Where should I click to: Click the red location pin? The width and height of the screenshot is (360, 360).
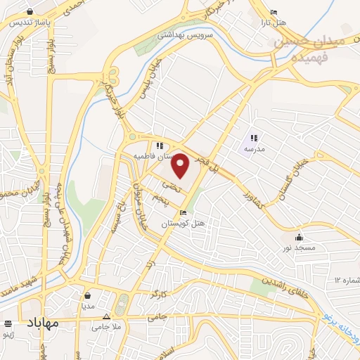pos(181,165)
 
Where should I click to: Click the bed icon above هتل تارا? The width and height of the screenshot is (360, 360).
pos(274,12)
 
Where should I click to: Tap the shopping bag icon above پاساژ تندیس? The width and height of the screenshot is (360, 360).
pos(30,11)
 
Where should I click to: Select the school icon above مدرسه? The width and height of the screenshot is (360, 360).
pos(254,138)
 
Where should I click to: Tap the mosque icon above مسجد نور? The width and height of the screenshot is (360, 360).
pos(300,236)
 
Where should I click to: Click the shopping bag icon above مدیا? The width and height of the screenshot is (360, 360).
pos(87,296)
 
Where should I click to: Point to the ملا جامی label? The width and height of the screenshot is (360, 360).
pos(106,327)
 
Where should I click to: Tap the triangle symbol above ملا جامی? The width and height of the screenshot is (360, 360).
pos(106,316)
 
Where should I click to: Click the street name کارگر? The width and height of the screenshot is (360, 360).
pos(159,292)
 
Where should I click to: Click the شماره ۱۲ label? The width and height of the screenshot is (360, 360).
pos(347,281)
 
